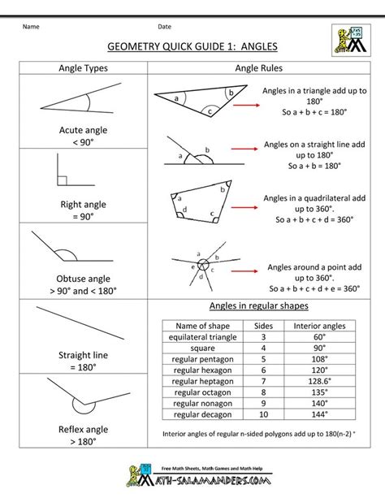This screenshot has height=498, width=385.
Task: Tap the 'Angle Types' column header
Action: tap(78, 69)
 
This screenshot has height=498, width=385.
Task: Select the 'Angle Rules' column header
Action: tap(258, 69)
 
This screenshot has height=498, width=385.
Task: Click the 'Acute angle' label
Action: tap(78, 130)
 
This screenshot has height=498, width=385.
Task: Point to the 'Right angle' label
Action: tap(78, 206)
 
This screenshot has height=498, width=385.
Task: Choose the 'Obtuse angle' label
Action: tap(78, 277)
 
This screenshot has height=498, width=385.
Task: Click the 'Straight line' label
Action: tap(78, 355)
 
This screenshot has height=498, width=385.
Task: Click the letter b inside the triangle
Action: tap(231, 93)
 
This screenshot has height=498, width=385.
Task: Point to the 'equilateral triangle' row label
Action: tap(204, 336)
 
